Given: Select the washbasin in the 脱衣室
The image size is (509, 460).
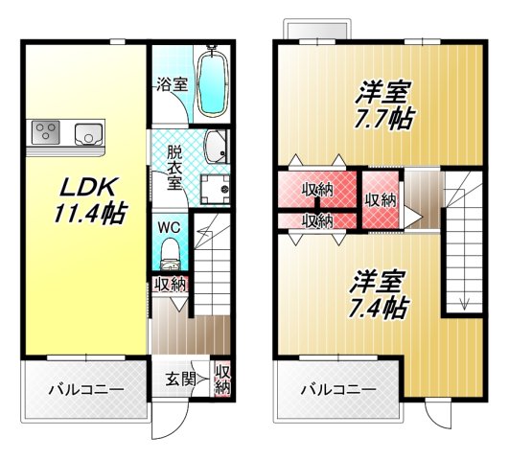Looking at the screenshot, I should [215, 147].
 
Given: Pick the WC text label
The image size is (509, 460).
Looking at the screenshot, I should [169, 227].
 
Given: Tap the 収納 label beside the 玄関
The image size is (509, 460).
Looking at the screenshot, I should [222, 379].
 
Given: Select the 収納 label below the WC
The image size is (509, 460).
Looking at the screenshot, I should [171, 285].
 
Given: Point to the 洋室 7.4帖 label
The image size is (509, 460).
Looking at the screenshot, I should [378, 294].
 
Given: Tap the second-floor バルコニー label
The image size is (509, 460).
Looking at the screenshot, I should [336, 390].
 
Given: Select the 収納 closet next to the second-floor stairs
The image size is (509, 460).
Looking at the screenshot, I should [381, 201].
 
